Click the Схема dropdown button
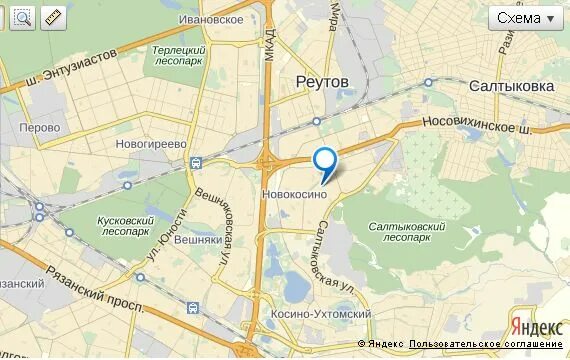527,19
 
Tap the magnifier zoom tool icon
21,16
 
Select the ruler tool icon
53,16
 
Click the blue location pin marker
325,162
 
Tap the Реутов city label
322,80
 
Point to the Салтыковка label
512,86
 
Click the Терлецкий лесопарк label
180,55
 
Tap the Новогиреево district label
151,144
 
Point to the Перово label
40,127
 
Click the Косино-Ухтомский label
321,314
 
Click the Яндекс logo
535,325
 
